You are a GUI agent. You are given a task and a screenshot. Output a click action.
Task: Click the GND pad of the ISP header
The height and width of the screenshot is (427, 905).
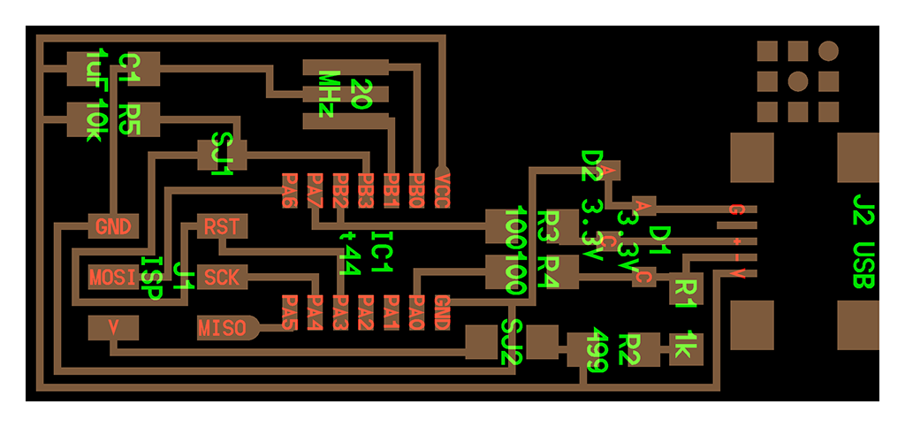click(x=113, y=226)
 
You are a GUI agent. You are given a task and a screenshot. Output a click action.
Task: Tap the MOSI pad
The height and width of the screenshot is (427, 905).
click(x=113, y=277)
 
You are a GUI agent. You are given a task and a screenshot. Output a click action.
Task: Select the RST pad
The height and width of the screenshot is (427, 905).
click(x=221, y=226)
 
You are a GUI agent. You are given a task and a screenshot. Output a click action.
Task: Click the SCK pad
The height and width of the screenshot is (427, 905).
click(x=221, y=277)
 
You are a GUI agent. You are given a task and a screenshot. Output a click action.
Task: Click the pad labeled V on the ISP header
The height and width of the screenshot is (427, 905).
click(x=113, y=327)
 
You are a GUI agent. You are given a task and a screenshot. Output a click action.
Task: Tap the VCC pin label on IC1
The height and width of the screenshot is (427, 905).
click(x=442, y=190)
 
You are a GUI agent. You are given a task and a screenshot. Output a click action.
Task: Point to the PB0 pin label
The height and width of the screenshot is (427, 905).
click(x=417, y=190)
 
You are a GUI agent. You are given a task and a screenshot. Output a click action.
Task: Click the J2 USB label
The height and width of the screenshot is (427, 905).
click(x=864, y=239)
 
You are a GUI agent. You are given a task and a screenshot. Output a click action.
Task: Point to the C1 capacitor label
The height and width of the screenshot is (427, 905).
click(x=130, y=68)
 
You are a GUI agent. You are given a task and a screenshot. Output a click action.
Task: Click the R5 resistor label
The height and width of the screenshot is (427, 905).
click(x=130, y=119)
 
